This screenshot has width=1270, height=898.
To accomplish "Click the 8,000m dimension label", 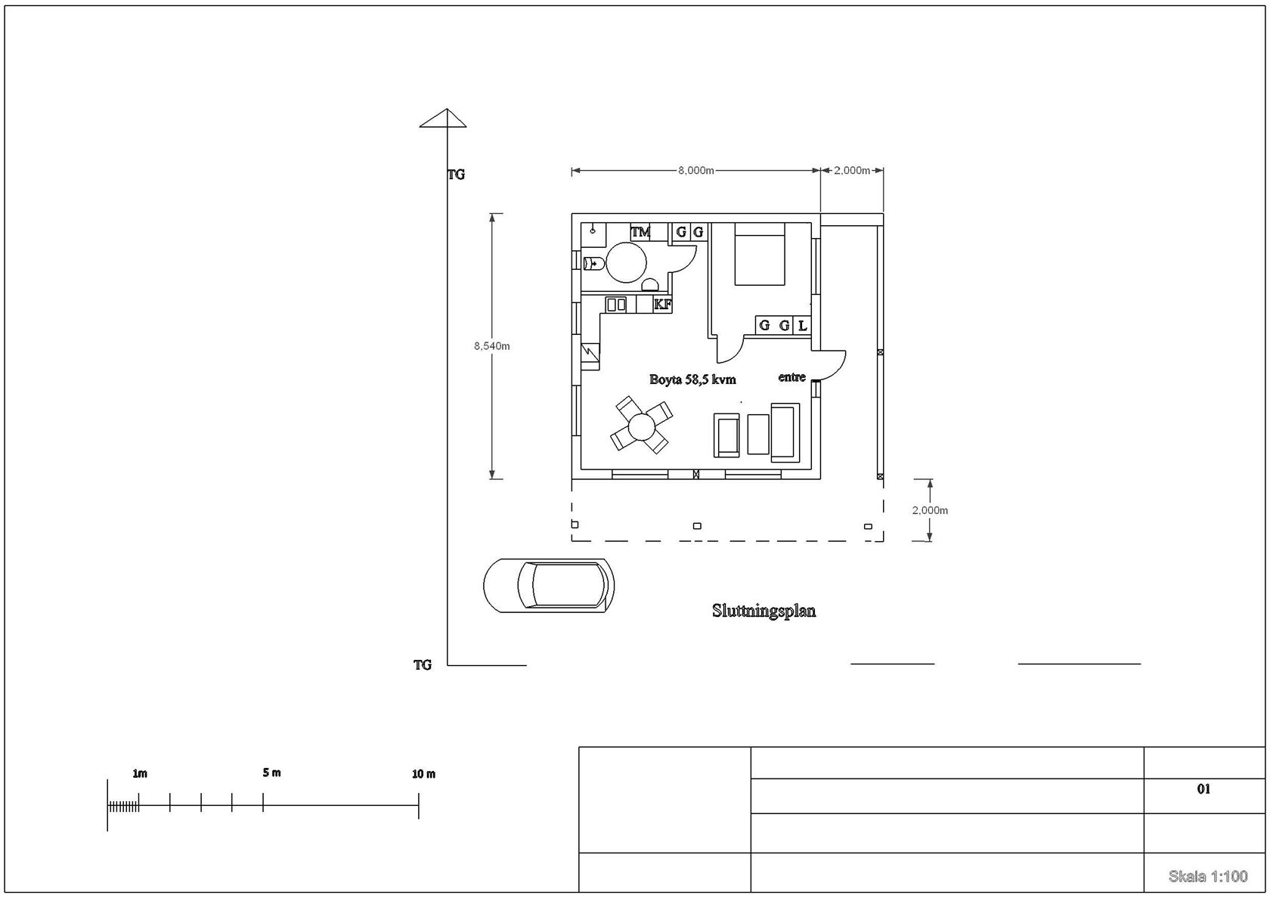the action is (695, 170).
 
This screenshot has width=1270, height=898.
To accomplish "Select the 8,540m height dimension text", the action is (491, 346).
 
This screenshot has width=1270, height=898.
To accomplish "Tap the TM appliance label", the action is (641, 232).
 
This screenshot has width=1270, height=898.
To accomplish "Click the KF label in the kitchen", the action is (662, 305).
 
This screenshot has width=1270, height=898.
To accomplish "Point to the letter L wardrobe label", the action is (802, 325).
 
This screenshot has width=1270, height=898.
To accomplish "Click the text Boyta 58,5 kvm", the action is (692, 379).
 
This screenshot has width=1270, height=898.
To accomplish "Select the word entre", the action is (791, 377).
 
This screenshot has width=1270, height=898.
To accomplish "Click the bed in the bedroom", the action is (760, 254).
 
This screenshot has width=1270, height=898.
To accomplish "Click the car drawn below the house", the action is (549, 586).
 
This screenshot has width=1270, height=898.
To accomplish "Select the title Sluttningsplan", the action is (764, 611).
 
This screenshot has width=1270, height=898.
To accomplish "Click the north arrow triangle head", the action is (443, 118).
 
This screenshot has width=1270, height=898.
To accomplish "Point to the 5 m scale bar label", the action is (271, 773).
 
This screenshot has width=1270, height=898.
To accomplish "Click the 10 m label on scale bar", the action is (423, 774).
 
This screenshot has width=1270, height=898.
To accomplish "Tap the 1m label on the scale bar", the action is (140, 773).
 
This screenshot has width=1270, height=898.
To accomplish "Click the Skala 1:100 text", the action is (1208, 877).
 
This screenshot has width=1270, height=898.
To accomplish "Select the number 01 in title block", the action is (1203, 788).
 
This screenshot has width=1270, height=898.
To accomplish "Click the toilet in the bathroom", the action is (593, 264).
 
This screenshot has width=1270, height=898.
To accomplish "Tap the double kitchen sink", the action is (615, 305).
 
